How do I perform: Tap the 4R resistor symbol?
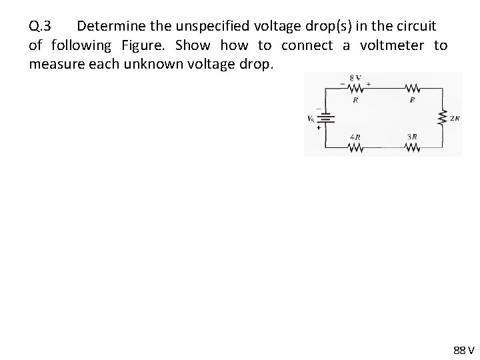355,147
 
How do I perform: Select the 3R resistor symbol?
412,147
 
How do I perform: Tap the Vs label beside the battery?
311,119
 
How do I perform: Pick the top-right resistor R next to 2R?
412,87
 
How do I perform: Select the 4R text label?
355,137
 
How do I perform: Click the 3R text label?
412,137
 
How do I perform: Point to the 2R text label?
453,119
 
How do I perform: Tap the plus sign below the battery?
319,127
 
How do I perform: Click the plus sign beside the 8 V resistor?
368,85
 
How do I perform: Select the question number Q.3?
39,27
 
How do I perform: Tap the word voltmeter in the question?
391,45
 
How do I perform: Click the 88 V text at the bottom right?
463,350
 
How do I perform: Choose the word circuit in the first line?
415,27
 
